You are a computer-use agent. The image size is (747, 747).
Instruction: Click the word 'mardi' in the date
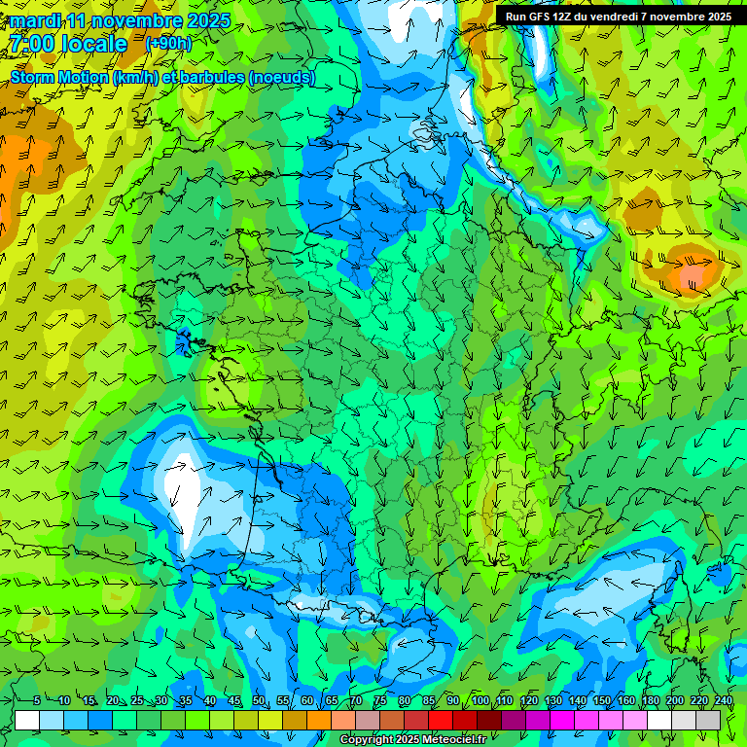(35, 20)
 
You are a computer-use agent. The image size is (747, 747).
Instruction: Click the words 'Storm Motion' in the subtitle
(58, 77)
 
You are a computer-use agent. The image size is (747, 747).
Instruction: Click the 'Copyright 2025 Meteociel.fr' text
(412, 740)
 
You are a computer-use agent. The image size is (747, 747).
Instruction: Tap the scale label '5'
(37, 701)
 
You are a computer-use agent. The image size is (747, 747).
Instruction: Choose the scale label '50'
(259, 701)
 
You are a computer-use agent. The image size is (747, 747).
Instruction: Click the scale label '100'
(480, 701)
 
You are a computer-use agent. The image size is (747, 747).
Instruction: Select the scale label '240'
(723, 701)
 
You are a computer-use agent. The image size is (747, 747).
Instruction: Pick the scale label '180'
(650, 701)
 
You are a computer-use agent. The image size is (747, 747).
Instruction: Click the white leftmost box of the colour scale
(27, 720)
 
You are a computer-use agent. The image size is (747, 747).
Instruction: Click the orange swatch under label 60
(319, 720)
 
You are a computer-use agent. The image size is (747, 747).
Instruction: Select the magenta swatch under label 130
(562, 720)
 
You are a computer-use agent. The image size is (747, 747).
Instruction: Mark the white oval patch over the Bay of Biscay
(181, 485)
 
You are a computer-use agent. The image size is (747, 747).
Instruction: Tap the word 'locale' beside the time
(95, 45)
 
